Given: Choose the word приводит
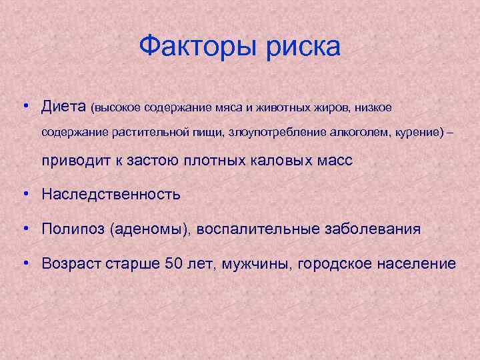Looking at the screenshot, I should pos(71,161).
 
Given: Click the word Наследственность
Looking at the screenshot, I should pos(111,195).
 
